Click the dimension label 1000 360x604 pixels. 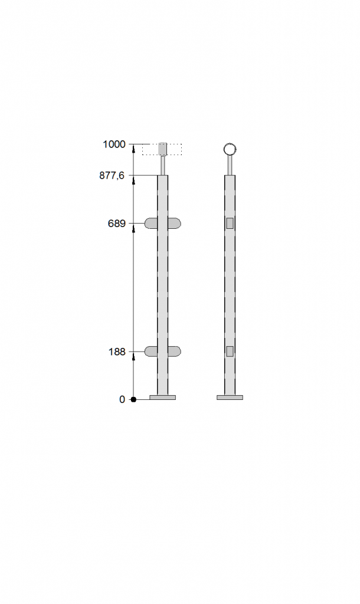(114, 145)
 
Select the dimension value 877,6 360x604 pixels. (112, 176)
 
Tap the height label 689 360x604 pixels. (117, 224)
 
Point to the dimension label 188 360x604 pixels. (117, 352)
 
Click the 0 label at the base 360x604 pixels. (122, 400)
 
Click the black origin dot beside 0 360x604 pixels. (133, 399)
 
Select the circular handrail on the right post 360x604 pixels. (230, 149)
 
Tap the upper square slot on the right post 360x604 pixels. (230, 224)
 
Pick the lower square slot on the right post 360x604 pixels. (230, 352)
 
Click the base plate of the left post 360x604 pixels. (163, 398)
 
